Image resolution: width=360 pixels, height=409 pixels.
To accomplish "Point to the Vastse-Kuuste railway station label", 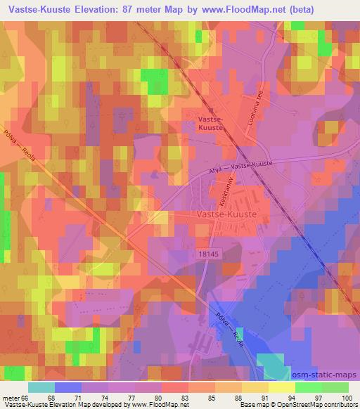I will [208, 124].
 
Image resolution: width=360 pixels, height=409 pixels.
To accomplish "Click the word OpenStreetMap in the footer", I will [300, 405].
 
